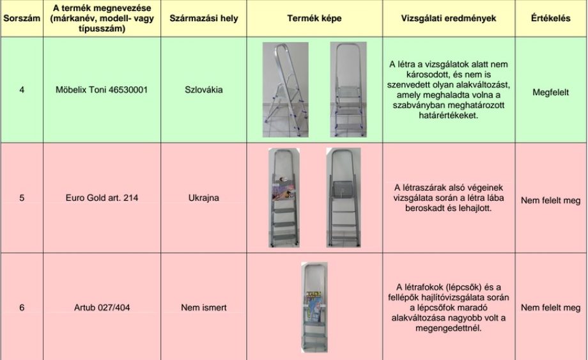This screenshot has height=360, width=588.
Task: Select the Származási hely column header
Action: click(203, 19)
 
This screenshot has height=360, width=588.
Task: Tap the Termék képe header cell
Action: click(314, 19)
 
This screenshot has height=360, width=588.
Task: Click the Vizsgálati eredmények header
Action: click(449, 19)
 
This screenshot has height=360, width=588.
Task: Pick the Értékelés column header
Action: click(550, 19)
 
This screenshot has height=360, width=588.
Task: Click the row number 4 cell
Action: click(22, 90)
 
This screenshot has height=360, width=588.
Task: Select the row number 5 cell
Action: click(22, 198)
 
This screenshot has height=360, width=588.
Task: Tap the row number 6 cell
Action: click(22, 308)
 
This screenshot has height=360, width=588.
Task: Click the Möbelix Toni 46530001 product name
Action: click(102, 90)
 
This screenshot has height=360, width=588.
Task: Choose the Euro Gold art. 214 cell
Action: click(102, 198)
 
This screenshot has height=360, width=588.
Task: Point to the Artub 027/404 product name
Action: click(102, 308)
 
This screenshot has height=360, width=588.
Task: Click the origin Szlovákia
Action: click(203, 90)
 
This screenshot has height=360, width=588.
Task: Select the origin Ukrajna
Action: click(203, 198)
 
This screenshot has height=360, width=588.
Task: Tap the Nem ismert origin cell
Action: click(203, 308)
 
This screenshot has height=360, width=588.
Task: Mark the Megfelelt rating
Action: click(550, 92)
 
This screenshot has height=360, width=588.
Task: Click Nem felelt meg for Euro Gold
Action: click(550, 201)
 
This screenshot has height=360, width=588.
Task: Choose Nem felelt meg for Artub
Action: click(550, 308)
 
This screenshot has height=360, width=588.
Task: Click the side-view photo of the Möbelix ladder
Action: click(286, 90)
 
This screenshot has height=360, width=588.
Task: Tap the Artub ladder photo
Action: click(314, 307)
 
